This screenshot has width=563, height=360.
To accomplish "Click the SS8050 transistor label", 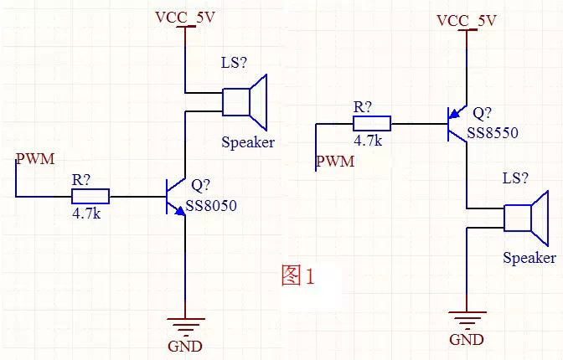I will pyautogui.click(x=211, y=205).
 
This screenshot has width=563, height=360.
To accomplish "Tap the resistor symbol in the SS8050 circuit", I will pyautogui.click(x=90, y=197).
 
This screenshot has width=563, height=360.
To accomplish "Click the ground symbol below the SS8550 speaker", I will pyautogui.click(x=467, y=317).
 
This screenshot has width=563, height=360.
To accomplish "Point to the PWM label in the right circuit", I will pyautogui.click(x=334, y=160).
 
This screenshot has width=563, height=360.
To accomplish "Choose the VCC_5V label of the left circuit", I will pyautogui.click(x=185, y=17).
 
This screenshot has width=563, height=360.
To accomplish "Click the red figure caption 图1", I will pyautogui.click(x=297, y=275).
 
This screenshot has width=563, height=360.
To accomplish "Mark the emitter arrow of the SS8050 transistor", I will pyautogui.click(x=180, y=210).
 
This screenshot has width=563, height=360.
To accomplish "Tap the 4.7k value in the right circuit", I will pyautogui.click(x=368, y=141).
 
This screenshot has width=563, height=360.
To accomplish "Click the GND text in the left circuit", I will pyautogui.click(x=185, y=346).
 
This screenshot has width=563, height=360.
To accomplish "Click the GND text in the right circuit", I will pyautogui.click(x=467, y=339).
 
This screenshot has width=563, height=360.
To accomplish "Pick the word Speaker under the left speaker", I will pyautogui.click(x=248, y=141).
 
